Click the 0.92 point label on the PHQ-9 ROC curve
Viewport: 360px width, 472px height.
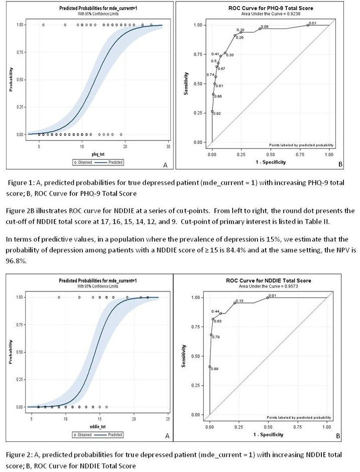pyautogui.click(x=217, y=113)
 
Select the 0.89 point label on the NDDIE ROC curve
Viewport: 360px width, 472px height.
pyautogui.click(x=215, y=369)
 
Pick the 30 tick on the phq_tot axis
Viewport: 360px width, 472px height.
pyautogui.click(x=168, y=146)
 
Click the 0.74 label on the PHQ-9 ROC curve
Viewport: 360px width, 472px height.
pyautogui.click(x=210, y=75)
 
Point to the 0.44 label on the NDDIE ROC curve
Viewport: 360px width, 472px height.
pyautogui.click(x=215, y=311)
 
